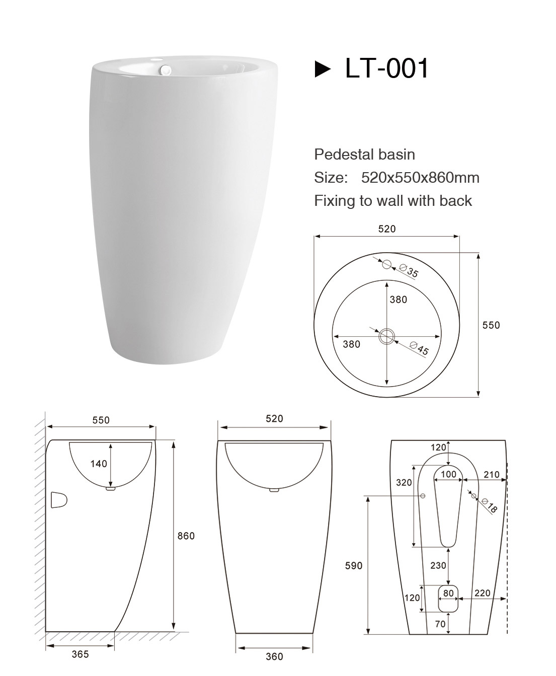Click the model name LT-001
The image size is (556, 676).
tap(386, 68)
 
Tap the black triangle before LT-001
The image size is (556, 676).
tap(323, 69)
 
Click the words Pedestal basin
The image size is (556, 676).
tap(364, 155)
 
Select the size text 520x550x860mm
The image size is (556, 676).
tap(420, 178)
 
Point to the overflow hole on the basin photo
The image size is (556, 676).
tap(166, 68)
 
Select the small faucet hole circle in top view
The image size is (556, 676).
tap(387, 264)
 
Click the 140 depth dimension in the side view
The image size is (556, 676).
tap(99, 464)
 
